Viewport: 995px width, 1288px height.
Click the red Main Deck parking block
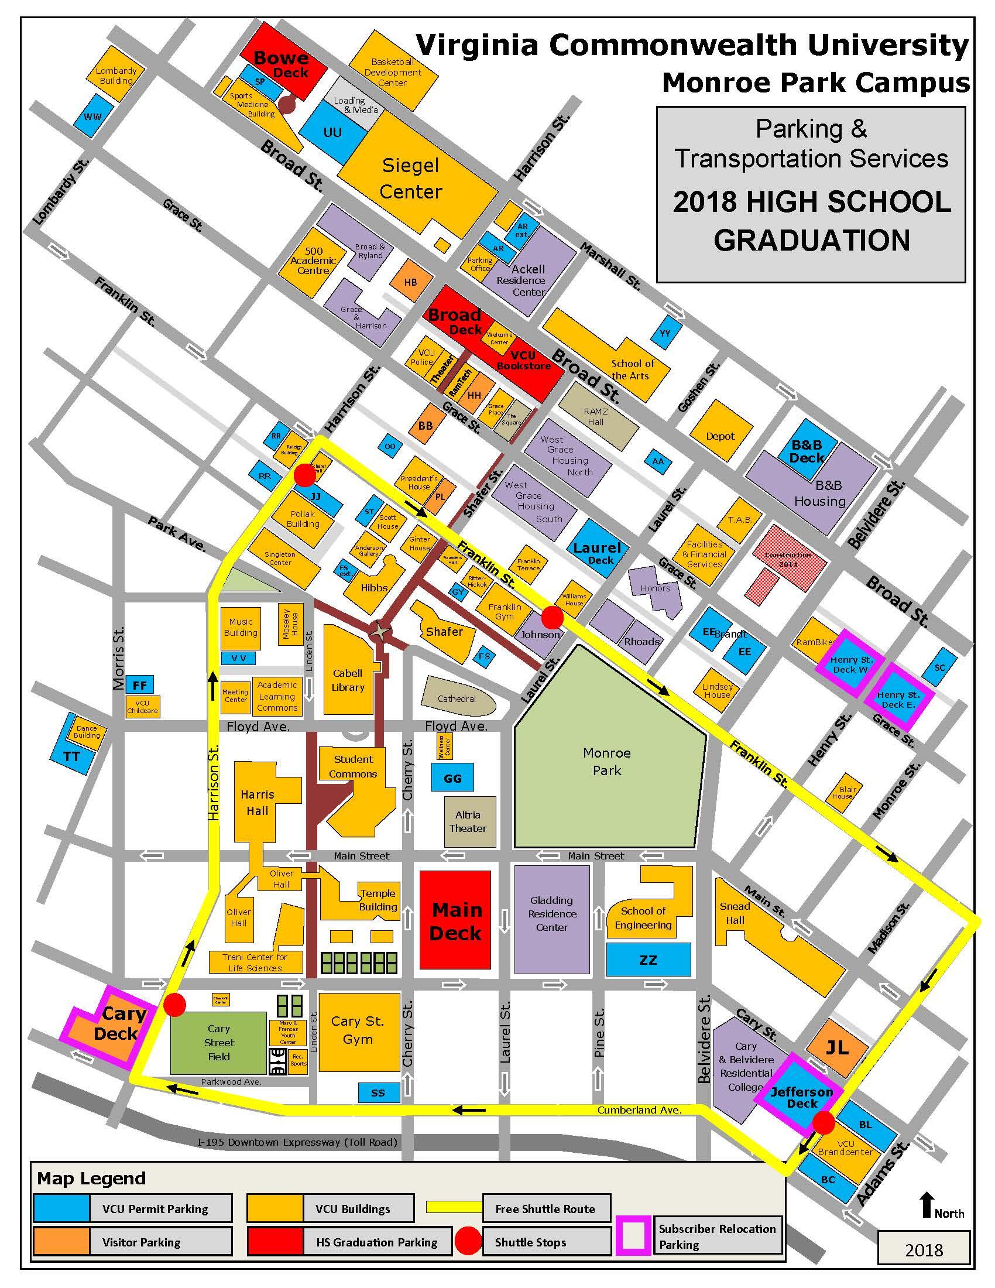tap(455, 920)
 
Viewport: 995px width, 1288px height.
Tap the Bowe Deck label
tap(281, 65)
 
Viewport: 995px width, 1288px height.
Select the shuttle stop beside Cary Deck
tap(174, 1004)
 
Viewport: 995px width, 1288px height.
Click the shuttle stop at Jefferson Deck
tap(824, 1123)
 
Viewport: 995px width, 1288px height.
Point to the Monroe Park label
tap(606, 761)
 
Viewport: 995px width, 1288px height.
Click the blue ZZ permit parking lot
tap(648, 960)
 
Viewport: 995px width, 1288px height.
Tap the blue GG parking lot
tap(452, 779)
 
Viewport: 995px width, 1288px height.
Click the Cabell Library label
tap(348, 679)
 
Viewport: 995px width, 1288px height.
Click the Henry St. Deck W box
tap(849, 664)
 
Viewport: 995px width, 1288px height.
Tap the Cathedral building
tap(457, 699)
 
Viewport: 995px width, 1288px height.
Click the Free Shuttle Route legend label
tap(545, 1208)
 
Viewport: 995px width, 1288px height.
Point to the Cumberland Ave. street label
tap(639, 1110)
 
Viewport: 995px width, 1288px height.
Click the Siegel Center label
tap(410, 178)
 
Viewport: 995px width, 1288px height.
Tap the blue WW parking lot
tap(93, 117)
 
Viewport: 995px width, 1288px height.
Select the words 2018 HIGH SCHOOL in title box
tap(812, 203)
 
